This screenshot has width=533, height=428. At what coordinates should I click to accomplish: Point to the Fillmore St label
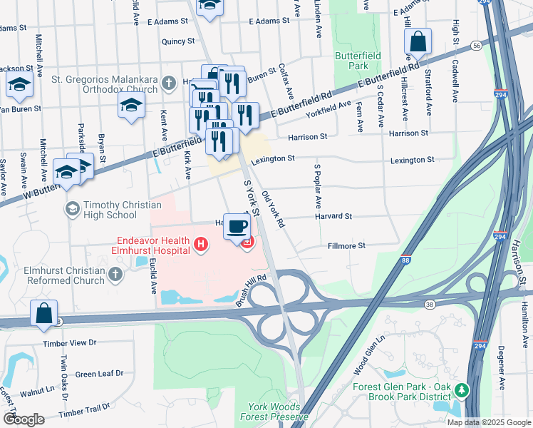point(346,245)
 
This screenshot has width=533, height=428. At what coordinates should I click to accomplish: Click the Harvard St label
point(333,216)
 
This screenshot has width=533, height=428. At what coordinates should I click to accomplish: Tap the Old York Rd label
point(273,209)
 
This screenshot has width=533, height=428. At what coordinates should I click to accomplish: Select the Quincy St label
point(177,41)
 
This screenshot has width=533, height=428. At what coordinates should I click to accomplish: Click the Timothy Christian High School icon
point(72,209)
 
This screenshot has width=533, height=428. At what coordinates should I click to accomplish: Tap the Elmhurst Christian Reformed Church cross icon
point(116,274)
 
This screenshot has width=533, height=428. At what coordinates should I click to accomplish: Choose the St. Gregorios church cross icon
point(169,83)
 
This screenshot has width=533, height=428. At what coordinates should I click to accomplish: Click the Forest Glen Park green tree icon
point(462,390)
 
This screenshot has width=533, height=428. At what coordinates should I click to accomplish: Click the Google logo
point(24,419)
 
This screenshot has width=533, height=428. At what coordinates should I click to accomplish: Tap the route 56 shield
point(476,45)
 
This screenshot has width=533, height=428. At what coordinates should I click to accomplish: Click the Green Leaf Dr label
point(99,374)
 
